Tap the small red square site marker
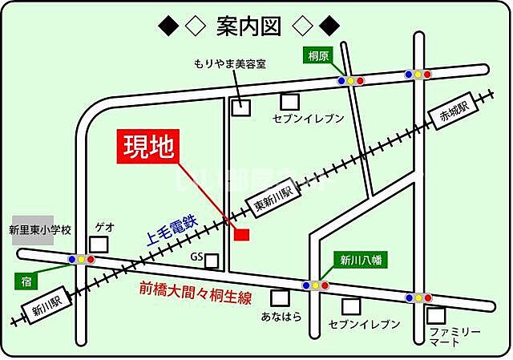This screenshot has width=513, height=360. pos(241,234)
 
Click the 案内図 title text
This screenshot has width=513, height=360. pos(248,26)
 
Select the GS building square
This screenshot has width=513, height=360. pos(212,261)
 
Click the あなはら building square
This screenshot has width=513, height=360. pos(280,297)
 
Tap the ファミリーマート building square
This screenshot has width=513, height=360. pos(436,315)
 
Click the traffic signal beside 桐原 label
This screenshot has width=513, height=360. pos(351,80)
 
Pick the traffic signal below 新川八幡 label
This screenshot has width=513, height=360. pos(315,285)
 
